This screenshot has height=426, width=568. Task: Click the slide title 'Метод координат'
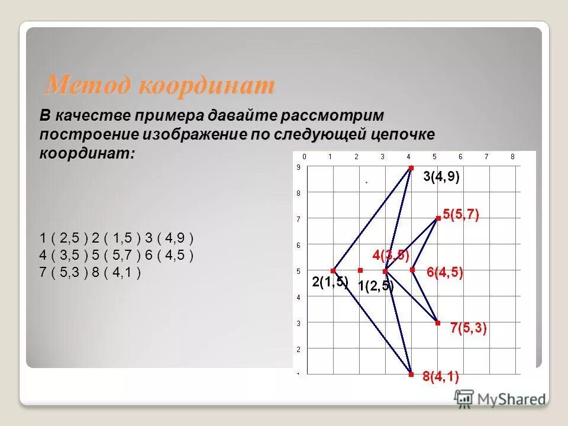coord(160,86)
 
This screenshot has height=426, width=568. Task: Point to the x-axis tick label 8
coord(512,157)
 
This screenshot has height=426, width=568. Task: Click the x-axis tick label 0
coord(304,157)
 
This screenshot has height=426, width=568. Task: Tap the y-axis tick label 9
coord(298,167)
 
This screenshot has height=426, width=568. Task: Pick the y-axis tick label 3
coord(298,323)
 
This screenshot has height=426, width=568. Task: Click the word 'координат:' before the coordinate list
coord(88,153)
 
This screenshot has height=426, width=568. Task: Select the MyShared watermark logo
coord(500,399)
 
